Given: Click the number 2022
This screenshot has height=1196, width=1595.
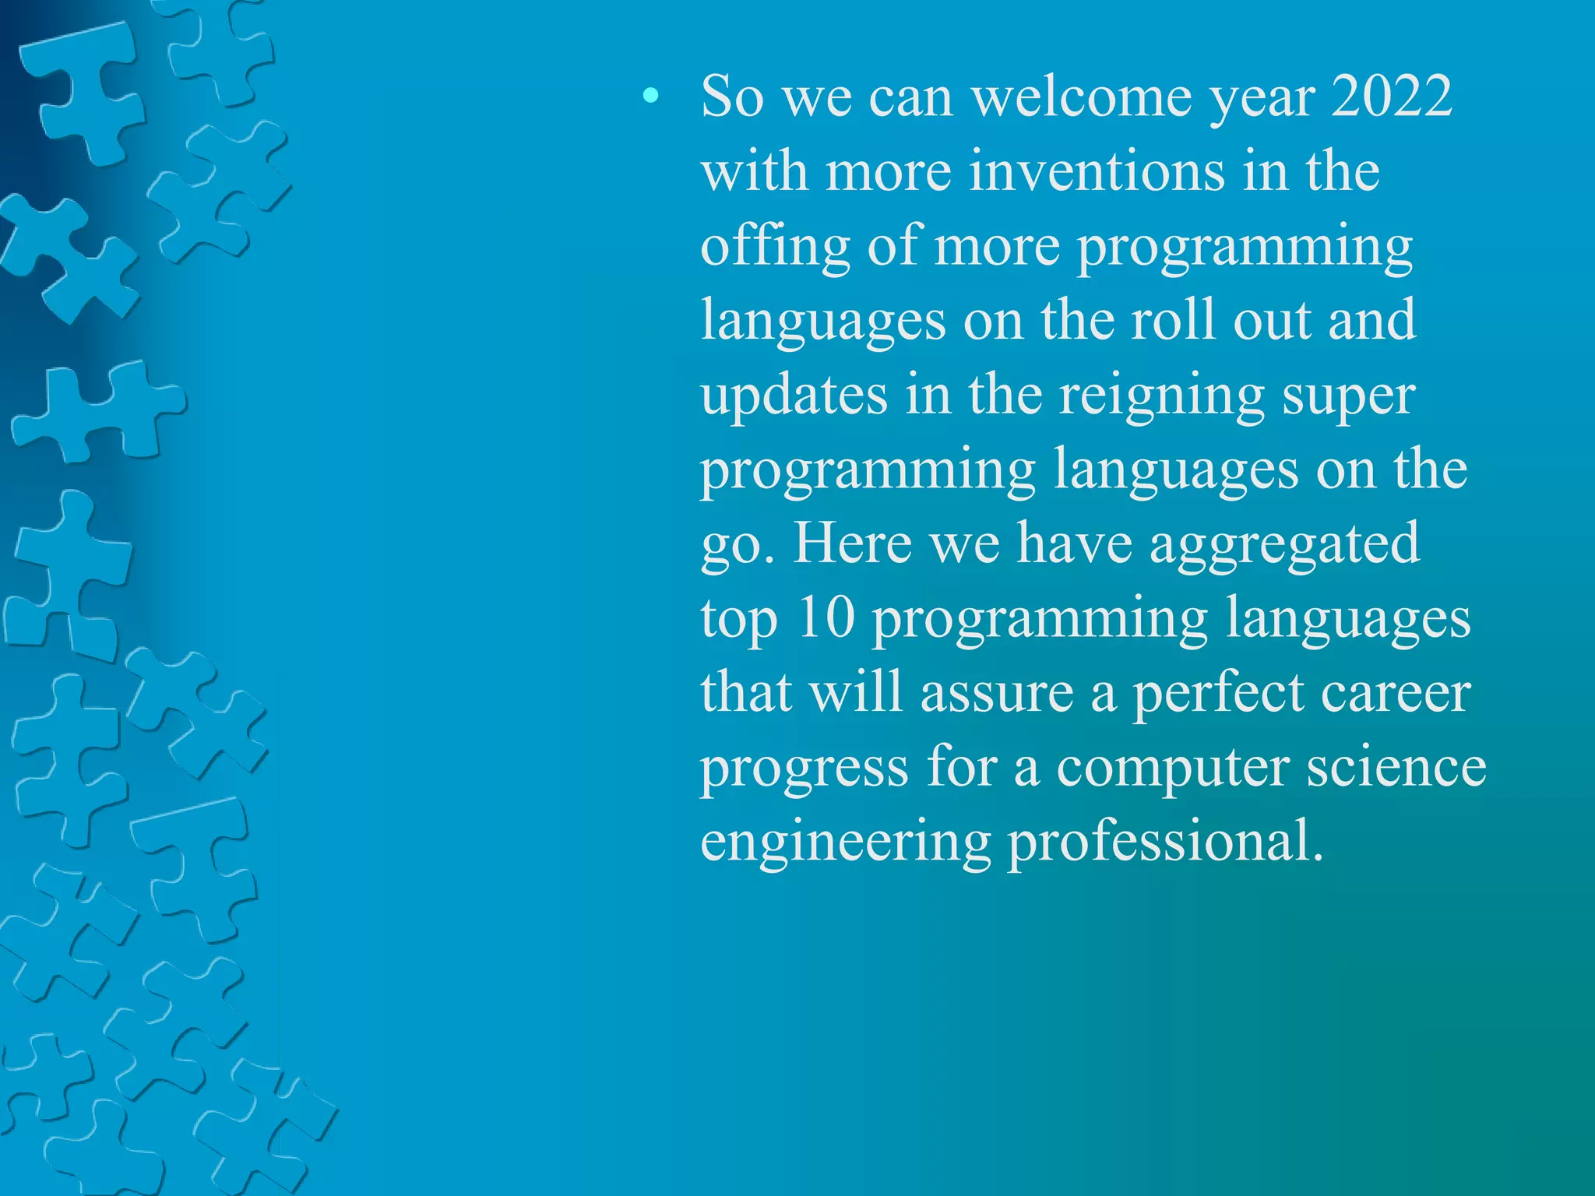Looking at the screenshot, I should click(1391, 97).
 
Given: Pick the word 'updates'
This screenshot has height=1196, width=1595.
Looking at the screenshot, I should click(794, 396).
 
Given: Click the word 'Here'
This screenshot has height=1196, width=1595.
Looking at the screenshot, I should click(852, 543).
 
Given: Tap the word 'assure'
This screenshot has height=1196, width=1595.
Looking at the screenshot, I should click(996, 693).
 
